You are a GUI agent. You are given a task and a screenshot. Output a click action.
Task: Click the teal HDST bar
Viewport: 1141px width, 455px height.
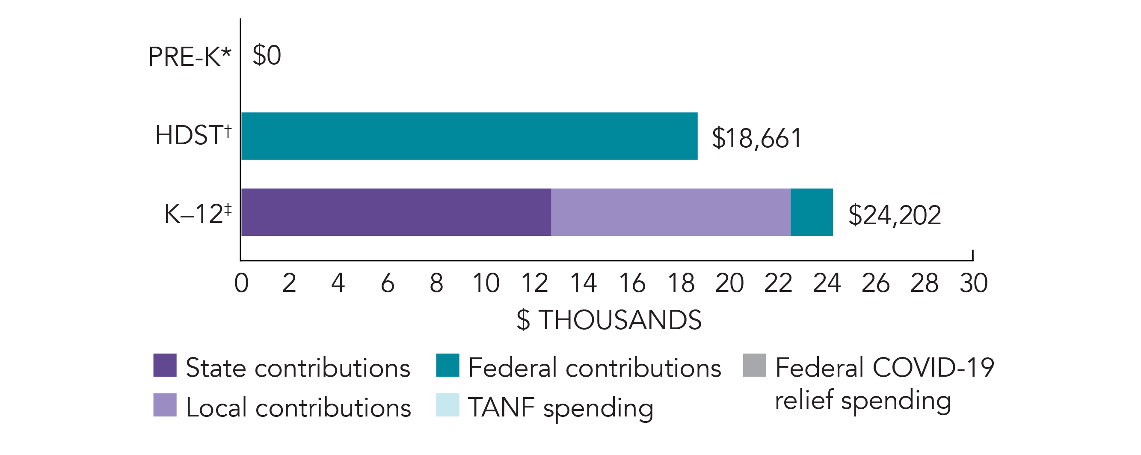click(469, 136)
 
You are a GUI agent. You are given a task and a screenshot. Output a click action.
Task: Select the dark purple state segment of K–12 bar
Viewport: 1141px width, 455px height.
click(396, 212)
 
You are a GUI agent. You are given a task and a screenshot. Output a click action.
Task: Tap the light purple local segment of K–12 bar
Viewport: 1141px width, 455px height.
click(670, 212)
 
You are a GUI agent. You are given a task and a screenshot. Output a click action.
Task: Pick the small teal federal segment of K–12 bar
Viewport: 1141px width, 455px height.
click(812, 212)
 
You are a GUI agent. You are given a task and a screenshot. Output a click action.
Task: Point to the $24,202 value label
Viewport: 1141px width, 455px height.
click(894, 215)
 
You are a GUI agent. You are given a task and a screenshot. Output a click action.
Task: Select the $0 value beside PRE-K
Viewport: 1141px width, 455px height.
click(267, 56)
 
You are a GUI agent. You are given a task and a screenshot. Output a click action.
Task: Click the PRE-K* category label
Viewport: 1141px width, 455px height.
click(190, 57)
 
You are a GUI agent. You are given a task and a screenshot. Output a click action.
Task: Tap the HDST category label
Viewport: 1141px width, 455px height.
click(193, 135)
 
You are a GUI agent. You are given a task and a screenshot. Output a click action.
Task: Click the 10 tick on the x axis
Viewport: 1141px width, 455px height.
click(486, 283)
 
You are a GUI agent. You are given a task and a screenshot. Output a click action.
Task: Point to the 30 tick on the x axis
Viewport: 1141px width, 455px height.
click(973, 283)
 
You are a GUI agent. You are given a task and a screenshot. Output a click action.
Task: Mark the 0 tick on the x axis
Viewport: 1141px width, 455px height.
click(241, 283)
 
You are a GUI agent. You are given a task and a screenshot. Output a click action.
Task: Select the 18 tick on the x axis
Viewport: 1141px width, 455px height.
click(681, 283)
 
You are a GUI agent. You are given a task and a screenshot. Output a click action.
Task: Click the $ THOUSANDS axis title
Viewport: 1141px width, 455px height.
click(609, 320)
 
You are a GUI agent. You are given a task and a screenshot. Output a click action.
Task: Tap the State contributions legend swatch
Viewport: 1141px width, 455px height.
click(165, 365)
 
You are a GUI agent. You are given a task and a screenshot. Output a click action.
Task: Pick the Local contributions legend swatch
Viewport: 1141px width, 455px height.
click(165, 405)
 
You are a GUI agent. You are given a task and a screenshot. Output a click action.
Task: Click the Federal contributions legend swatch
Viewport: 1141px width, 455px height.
click(448, 365)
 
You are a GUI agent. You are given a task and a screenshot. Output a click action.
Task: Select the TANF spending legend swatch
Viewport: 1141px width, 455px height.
click(448, 405)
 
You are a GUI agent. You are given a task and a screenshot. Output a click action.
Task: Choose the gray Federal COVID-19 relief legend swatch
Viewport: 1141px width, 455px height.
click(754, 365)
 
